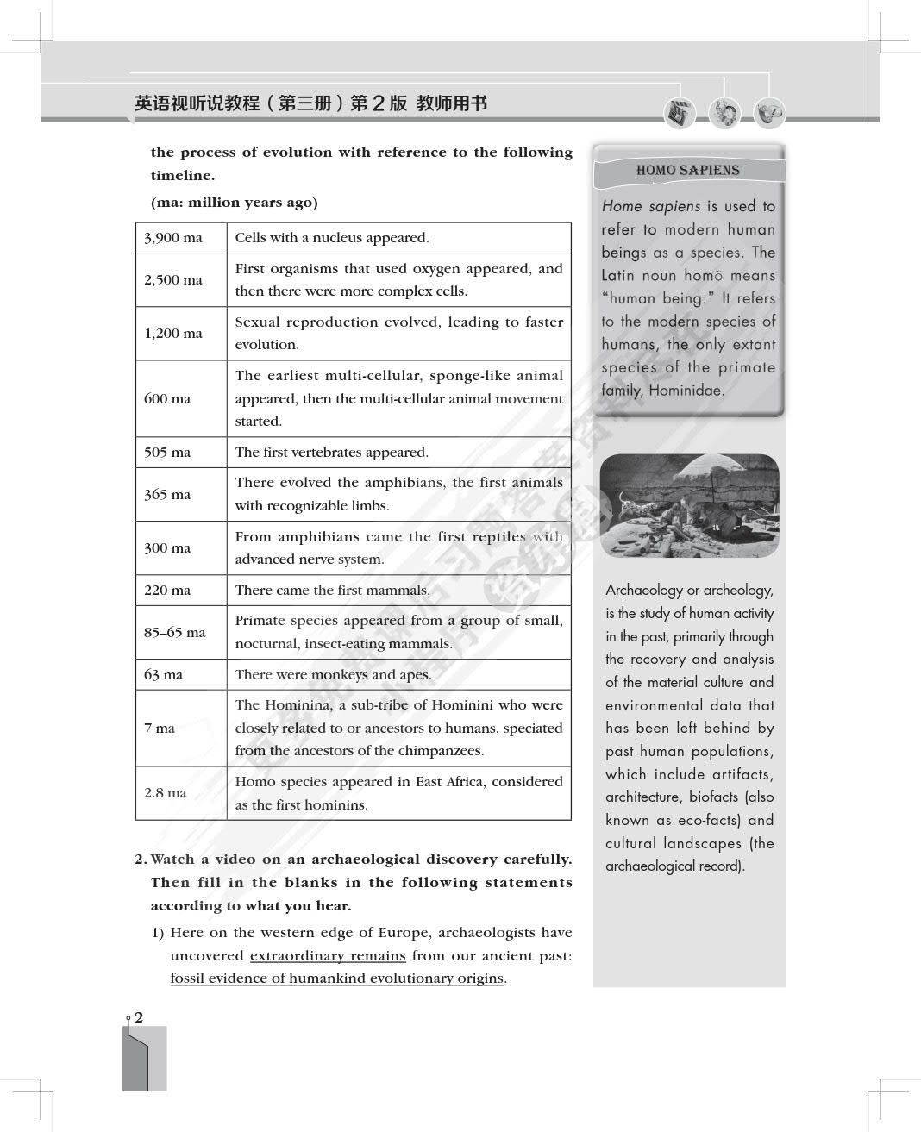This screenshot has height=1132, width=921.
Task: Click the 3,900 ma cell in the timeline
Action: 173,238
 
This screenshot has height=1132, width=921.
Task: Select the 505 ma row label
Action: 167,453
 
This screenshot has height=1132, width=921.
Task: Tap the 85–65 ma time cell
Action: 175,632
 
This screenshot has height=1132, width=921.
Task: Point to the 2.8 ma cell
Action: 166,793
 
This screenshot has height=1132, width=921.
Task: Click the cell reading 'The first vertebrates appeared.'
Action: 331,453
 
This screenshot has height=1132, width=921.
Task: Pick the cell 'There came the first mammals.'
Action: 332,591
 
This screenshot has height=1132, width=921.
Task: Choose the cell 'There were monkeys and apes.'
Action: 333,675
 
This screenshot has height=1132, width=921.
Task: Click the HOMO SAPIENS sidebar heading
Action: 687,171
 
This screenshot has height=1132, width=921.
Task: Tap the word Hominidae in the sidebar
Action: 686,391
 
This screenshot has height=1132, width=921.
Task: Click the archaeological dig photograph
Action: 689,505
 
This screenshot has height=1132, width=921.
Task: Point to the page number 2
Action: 139,1017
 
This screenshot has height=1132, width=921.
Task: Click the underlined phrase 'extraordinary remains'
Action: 328,956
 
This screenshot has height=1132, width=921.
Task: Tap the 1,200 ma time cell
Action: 173,334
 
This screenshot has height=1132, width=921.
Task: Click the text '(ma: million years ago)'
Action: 234,203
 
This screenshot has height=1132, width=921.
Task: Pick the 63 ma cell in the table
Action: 164,675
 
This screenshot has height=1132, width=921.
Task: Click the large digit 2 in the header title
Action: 380,103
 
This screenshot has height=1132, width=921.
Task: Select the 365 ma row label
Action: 167,495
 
